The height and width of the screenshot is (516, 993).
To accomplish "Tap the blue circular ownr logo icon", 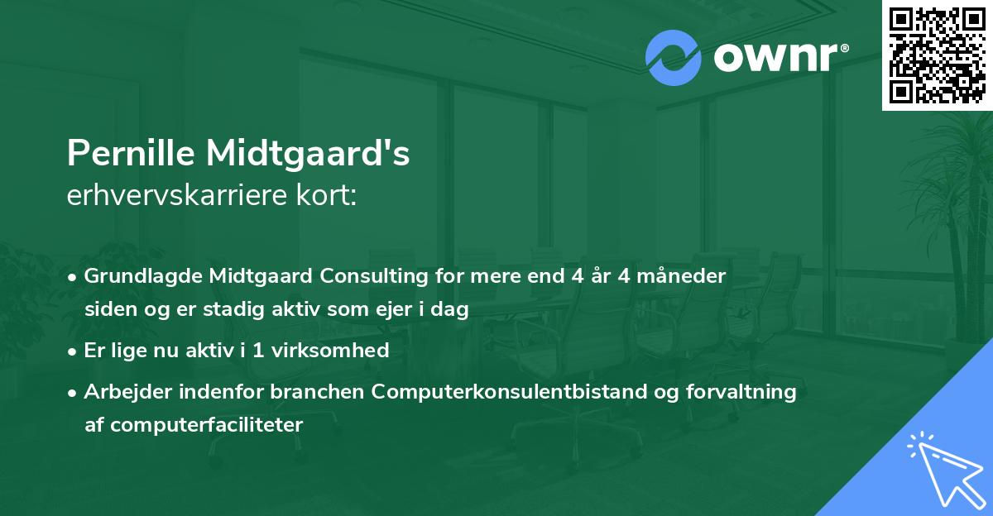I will [673, 58].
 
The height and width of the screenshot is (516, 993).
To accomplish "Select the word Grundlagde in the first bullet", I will [136, 276].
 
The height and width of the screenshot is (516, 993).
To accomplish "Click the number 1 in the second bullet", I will [260, 351].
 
